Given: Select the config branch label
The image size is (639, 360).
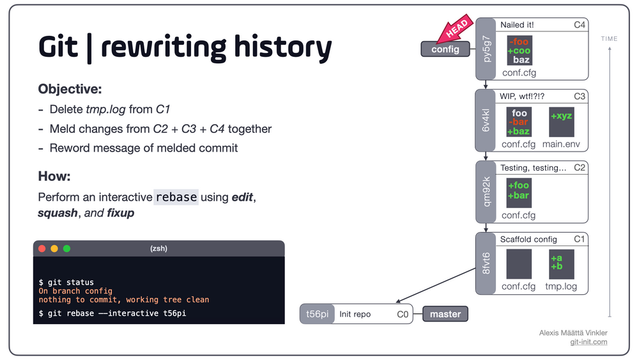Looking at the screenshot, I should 445,49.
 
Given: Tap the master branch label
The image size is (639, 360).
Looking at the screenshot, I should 445,314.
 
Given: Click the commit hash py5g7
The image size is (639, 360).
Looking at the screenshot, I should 486,49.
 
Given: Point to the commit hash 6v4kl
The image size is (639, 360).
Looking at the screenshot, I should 486,120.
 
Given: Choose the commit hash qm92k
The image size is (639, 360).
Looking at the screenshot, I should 486,192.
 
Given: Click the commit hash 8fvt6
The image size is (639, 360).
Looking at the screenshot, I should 486,263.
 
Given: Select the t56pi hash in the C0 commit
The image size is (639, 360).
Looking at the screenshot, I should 317,314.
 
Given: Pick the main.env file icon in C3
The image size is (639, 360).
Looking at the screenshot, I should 561,123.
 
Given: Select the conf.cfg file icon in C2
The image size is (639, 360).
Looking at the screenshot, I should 518,193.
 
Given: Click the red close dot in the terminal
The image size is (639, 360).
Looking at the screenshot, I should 42,248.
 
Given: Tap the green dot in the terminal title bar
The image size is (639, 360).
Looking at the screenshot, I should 66,248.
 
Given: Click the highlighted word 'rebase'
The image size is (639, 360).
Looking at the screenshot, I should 176,197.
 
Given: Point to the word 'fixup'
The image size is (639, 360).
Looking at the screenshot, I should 120,213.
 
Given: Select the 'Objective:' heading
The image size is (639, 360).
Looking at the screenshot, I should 70,89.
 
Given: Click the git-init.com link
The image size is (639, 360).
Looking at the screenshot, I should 589,342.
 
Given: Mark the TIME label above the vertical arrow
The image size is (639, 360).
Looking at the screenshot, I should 609,39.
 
